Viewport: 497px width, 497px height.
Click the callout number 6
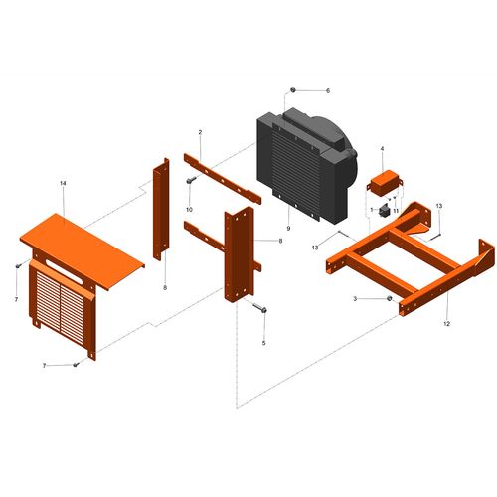click(x=328, y=90)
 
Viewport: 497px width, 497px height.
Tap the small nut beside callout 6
click(x=293, y=90)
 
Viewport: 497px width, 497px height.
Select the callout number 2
click(x=200, y=132)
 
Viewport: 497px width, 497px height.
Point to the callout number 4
click(x=382, y=149)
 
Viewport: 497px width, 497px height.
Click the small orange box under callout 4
click(x=385, y=183)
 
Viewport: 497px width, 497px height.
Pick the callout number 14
click(x=63, y=183)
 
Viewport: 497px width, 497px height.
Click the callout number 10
click(x=189, y=210)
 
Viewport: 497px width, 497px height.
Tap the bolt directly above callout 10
click(x=191, y=180)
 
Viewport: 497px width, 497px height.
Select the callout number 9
click(x=288, y=229)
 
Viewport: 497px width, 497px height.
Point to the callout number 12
click(x=446, y=324)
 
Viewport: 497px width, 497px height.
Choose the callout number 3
click(x=355, y=299)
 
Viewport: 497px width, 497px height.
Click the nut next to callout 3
click(x=390, y=299)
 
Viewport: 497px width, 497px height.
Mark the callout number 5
click(x=263, y=343)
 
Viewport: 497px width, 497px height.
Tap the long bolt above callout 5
click(x=259, y=308)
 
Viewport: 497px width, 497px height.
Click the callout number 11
click(x=396, y=211)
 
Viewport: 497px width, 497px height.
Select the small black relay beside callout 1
click(x=384, y=210)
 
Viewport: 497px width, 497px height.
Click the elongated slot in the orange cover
click(x=65, y=271)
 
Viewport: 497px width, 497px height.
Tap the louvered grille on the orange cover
click(x=61, y=307)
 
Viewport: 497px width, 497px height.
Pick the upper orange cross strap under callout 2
click(x=223, y=179)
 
